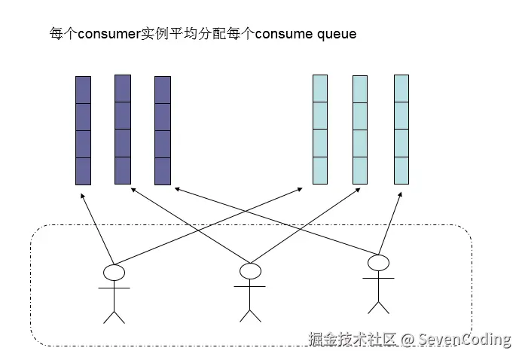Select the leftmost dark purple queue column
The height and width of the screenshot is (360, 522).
pos(83,130)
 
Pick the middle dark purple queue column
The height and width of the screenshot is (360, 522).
pos(123,130)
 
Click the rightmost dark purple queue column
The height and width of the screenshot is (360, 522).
pos(163,130)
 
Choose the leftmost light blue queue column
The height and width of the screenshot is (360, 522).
pos(320,130)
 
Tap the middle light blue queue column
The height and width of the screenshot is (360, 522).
pos(360,130)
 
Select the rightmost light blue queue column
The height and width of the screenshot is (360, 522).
pos(401,130)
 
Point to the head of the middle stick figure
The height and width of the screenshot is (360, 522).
pos(249,270)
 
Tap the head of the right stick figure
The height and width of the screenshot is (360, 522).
pos(378,262)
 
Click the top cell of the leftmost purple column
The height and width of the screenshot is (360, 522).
pos(83,90)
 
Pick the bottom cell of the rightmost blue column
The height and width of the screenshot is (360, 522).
pos(401,170)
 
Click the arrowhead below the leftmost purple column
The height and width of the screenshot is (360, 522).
pos(81,194)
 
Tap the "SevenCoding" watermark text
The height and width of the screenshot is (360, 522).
pos(465,339)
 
